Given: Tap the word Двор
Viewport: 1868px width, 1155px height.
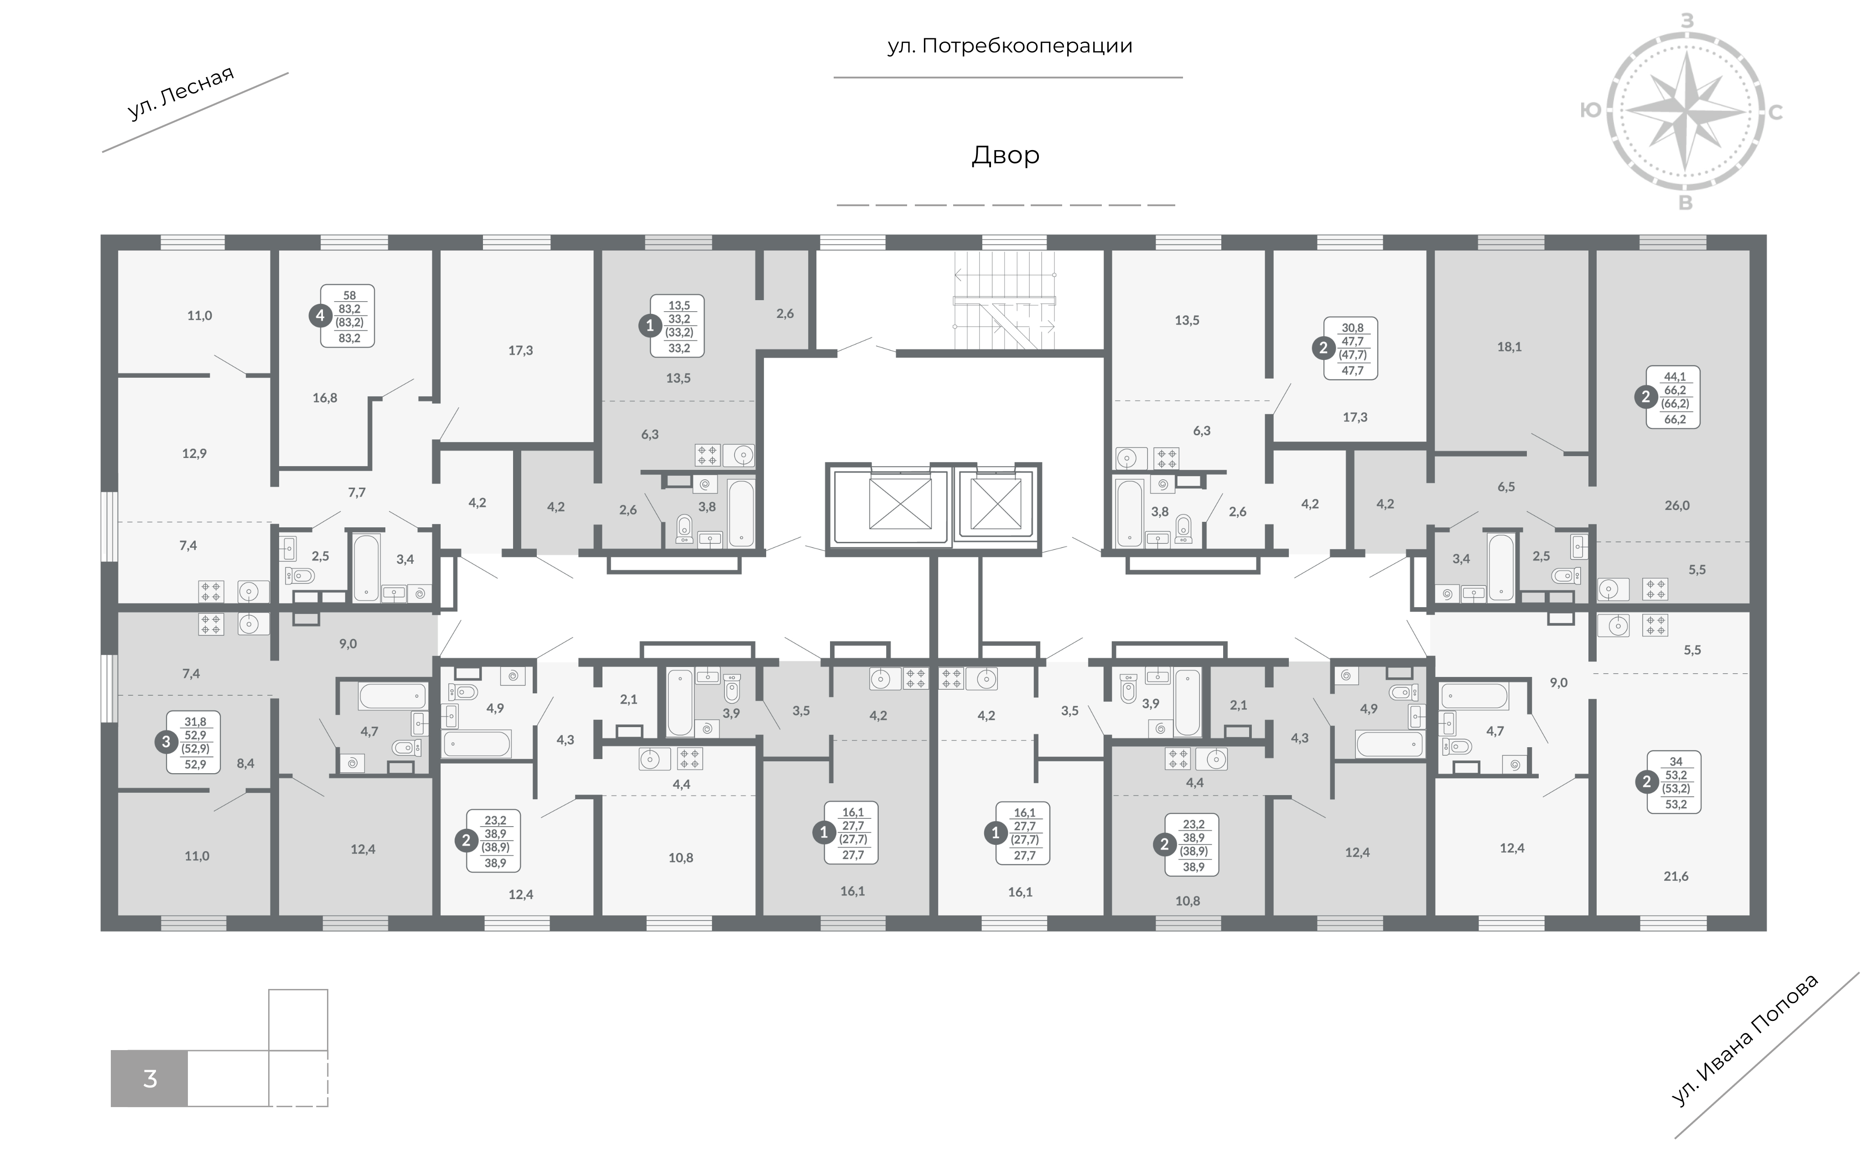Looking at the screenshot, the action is (x=1005, y=155).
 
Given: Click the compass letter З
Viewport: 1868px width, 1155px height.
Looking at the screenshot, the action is (x=1687, y=21).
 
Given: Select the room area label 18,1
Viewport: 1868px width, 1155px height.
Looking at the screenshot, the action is (x=1509, y=347).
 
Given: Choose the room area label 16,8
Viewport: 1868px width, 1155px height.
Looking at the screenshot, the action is (x=325, y=398).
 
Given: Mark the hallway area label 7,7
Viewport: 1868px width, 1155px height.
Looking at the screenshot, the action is (x=357, y=493).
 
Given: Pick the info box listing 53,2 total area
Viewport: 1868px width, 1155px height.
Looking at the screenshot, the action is (x=1676, y=783).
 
